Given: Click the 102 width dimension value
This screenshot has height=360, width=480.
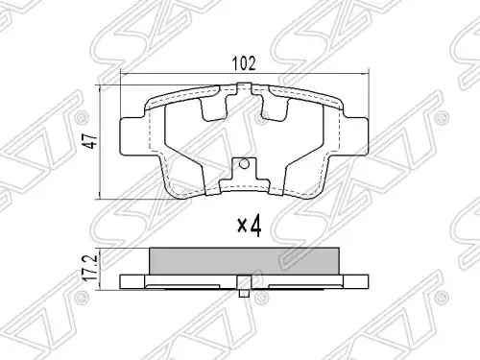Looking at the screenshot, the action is pos(244,63).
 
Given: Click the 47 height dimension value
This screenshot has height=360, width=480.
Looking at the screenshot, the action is pos(92,141).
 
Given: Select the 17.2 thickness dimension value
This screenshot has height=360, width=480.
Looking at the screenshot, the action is pos(93,267).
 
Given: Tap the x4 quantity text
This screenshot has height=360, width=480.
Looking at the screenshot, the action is pos(250,227).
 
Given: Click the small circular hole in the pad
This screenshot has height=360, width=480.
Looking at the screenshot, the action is pos(244,164).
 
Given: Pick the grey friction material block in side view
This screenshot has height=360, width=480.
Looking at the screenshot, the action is pos(244,261).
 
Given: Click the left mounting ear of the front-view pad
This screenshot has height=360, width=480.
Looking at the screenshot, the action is pos(132,135).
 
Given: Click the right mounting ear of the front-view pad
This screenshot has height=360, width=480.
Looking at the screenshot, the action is pos(355,135).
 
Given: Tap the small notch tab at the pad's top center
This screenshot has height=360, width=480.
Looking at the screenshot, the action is pos(244,88).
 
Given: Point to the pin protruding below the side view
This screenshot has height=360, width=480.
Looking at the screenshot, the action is pos(244,293).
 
